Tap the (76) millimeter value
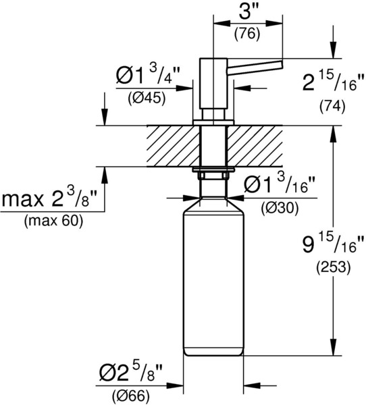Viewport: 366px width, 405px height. pos(247,34)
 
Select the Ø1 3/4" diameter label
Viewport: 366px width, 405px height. pos(148,76)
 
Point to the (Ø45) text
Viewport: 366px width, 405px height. pos(147,99)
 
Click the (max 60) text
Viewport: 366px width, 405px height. pos(54,221)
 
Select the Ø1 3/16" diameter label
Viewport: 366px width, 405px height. pos(280,185)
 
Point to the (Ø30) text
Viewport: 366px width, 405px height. pos(280,208)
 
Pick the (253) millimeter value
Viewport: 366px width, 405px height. pos(334,267)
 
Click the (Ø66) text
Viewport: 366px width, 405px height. pos(131,396)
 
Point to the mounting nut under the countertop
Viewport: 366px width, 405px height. pos(213,175)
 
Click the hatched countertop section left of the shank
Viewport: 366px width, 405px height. pos(173,146)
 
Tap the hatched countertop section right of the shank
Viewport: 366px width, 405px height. pos(255,146)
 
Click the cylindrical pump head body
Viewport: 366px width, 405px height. pos(213,83)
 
